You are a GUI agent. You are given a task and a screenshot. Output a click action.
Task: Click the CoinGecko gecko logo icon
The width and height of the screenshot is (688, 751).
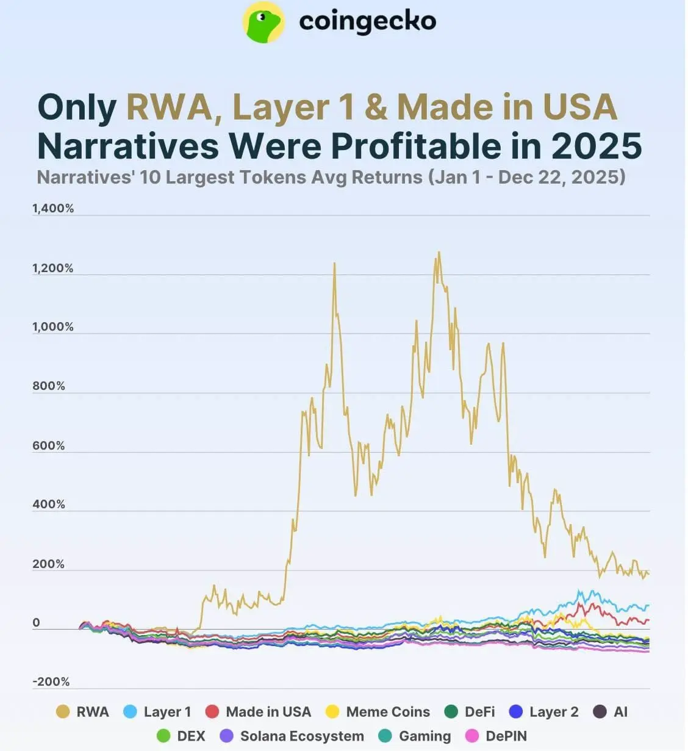(263, 22)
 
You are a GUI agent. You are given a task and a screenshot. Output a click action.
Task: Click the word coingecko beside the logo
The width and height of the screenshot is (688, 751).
(367, 22)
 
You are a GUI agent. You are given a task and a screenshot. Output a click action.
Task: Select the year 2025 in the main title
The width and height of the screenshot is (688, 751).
(597, 146)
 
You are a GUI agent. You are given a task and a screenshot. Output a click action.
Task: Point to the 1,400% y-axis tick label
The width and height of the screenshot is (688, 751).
(53, 209)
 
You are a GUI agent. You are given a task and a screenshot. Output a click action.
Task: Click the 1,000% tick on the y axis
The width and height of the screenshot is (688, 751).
(53, 327)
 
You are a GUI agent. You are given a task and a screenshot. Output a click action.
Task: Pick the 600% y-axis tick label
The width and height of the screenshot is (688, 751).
(49, 446)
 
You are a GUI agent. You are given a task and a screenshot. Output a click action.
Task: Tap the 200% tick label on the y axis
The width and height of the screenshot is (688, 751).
(49, 564)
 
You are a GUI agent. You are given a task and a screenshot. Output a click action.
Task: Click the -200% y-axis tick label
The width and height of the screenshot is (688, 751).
(51, 682)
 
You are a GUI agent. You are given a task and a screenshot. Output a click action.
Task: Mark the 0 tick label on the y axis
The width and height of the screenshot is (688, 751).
(36, 623)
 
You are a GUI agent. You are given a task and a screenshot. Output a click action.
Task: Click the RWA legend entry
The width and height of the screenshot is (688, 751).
(82, 712)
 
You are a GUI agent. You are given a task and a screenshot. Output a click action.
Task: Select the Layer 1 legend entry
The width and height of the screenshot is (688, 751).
(157, 712)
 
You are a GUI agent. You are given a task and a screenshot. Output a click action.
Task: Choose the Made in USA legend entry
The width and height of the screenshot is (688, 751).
(259, 712)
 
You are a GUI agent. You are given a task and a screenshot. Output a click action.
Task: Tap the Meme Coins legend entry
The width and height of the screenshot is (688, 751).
(378, 712)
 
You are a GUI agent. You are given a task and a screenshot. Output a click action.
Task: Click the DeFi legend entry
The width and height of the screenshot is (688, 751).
(470, 712)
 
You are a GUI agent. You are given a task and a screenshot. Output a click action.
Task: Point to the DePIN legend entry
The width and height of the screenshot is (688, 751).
(496, 736)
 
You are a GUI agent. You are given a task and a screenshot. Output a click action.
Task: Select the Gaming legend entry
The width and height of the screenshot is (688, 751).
(415, 736)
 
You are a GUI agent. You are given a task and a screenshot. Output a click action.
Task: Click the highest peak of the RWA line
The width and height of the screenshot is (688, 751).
(439, 252)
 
